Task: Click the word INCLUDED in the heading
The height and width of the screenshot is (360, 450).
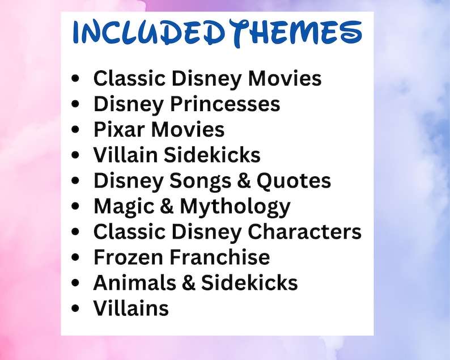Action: pyautogui.click(x=148, y=32)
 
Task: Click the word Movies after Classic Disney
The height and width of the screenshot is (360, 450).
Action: pyautogui.click(x=285, y=78)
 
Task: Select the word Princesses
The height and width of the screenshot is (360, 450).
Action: pyautogui.click(x=226, y=104)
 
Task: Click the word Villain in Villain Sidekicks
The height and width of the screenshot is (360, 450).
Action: pyautogui.click(x=125, y=154)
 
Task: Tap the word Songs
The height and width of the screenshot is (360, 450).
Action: pyautogui.click(x=200, y=181)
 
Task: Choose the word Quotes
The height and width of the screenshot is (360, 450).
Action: pyautogui.click(x=294, y=181)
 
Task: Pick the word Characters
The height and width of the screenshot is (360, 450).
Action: pyautogui.click(x=304, y=231)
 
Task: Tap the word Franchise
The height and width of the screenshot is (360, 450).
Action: pyautogui.click(x=220, y=257)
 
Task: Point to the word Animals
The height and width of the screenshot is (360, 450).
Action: pyautogui.click(x=134, y=282)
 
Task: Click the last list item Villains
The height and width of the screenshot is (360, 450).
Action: pyautogui.click(x=131, y=308)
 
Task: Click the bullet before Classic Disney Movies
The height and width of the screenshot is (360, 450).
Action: pyautogui.click(x=75, y=78)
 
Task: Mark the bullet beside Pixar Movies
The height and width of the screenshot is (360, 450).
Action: pyautogui.click(x=75, y=129)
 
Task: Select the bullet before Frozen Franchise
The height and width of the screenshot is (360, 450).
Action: pyautogui.click(x=75, y=257)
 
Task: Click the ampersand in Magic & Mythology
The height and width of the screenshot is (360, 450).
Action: pyautogui.click(x=167, y=206)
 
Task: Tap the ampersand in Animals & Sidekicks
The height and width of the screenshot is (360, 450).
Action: pyautogui.click(x=189, y=282)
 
